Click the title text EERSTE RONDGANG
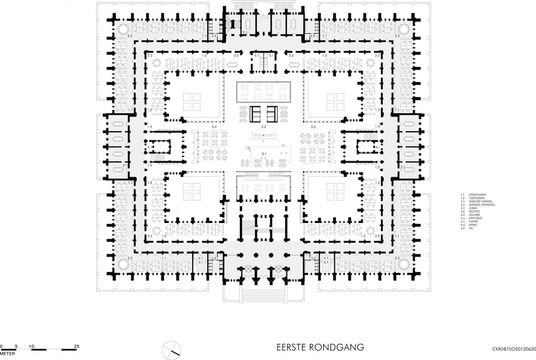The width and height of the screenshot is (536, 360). (321, 348)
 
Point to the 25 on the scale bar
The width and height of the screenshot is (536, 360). (76, 346)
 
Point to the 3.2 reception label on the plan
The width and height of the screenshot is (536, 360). (264, 128)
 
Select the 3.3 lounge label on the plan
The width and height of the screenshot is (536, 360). (313, 128)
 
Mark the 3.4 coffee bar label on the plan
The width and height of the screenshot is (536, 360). (214, 128)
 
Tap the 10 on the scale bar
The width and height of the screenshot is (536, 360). (32, 346)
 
